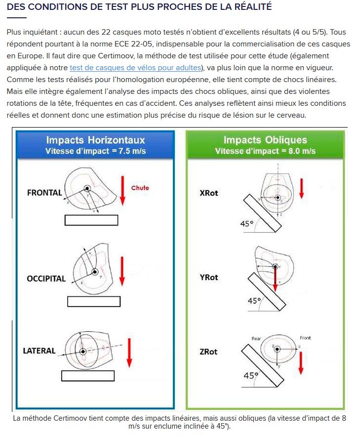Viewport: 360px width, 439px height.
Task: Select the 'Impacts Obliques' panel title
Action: coord(265,140)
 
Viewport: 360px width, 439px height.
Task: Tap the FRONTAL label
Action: coord(44,193)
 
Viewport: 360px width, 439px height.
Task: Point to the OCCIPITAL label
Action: coord(46,278)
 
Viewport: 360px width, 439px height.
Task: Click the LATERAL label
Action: coord(40,351)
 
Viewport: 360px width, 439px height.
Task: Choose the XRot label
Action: coord(209,193)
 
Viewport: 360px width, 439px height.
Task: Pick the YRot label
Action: coord(209,277)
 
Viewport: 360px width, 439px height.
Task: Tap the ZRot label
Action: coord(209,352)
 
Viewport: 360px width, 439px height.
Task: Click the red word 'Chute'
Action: coord(140,188)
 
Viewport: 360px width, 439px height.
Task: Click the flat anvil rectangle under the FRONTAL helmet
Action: coord(91,220)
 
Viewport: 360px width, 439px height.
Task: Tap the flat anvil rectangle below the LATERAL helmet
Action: coord(88,376)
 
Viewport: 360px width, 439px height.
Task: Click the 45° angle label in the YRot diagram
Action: coord(254,301)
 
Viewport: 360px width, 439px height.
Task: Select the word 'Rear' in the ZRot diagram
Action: coord(256,339)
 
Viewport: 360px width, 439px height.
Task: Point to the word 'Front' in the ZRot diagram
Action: coord(305,338)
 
